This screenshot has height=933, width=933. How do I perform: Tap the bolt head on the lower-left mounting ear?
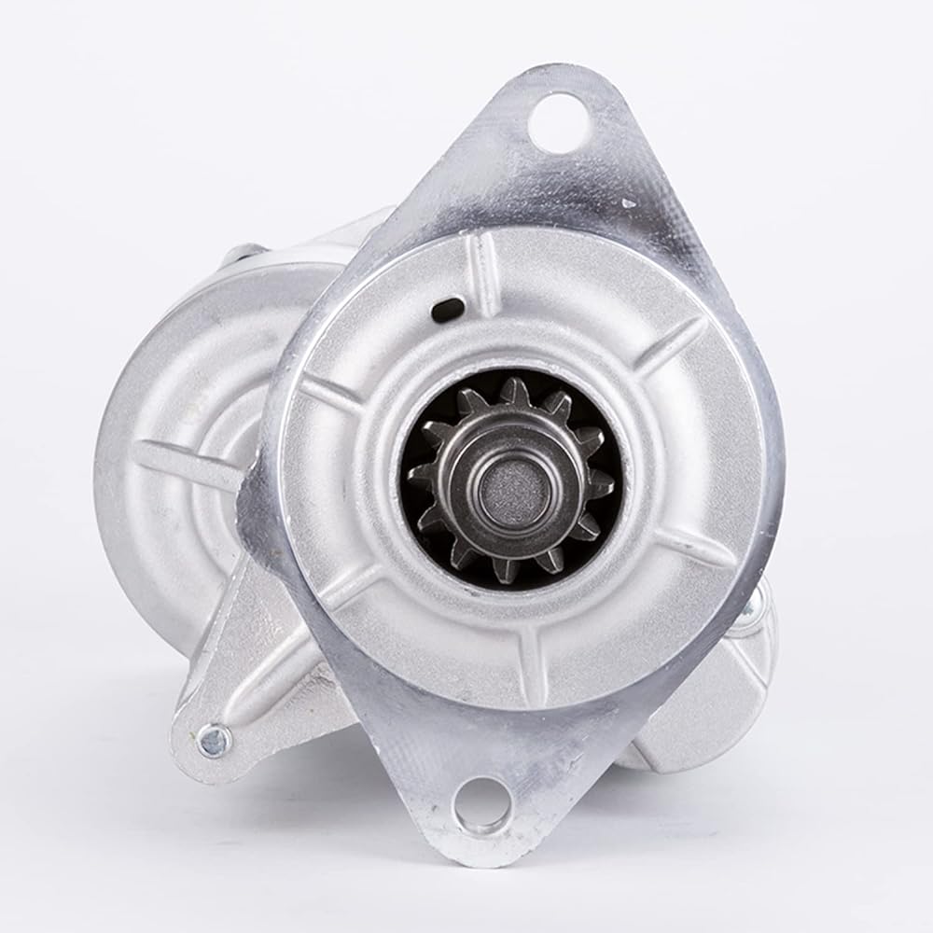[213, 741]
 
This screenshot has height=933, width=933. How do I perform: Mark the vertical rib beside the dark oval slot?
[484, 272]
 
